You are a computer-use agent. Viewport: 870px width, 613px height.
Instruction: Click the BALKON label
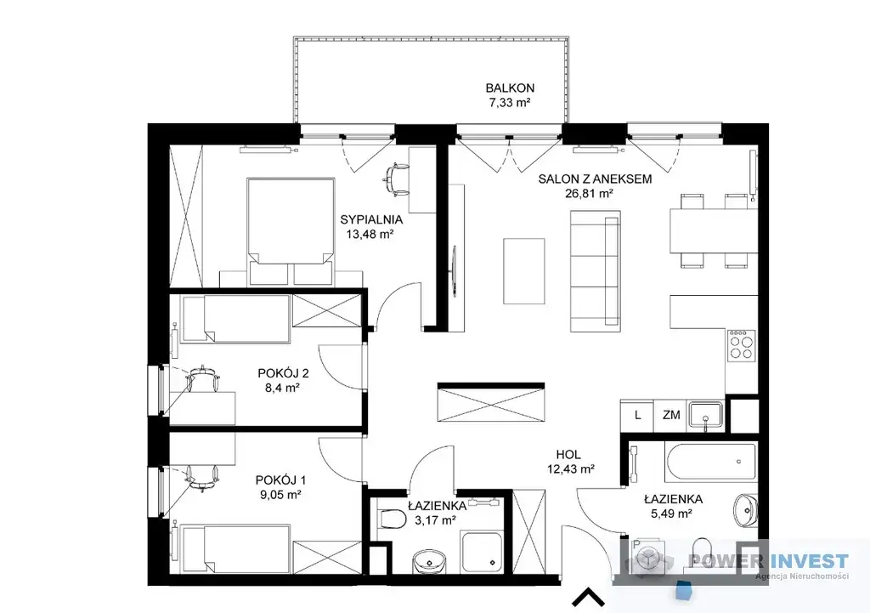tap(510, 88)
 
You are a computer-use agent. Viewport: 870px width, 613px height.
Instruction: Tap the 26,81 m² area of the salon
tap(589, 193)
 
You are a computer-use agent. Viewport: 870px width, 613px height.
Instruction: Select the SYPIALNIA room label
tap(371, 219)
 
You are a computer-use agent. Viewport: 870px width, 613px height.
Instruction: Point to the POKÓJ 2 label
tap(283, 373)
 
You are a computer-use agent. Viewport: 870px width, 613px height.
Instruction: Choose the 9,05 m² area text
tap(280, 494)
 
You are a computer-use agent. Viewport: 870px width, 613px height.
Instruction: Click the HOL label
tap(568, 455)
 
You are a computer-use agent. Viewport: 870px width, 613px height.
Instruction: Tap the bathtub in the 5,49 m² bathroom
tap(710, 462)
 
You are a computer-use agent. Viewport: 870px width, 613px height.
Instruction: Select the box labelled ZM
tap(671, 415)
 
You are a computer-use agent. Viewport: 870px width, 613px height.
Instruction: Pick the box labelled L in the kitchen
tap(637, 415)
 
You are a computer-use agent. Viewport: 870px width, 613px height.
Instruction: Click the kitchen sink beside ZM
tap(705, 416)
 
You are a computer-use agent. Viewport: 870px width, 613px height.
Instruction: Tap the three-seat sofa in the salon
tap(596, 271)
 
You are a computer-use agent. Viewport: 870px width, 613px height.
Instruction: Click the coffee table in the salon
tap(523, 271)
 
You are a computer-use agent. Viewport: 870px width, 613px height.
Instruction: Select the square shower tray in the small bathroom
tap(482, 549)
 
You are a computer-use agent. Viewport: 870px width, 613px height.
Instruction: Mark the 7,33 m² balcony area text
tap(511, 102)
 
